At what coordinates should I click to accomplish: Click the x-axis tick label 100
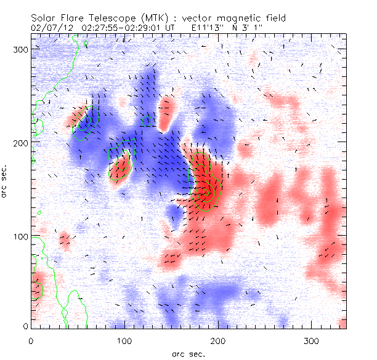(x=124, y=340)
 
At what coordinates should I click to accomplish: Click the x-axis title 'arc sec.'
(x=188, y=353)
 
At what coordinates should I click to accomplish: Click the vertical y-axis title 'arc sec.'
(x=8, y=185)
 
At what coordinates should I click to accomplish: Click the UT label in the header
(x=171, y=28)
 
